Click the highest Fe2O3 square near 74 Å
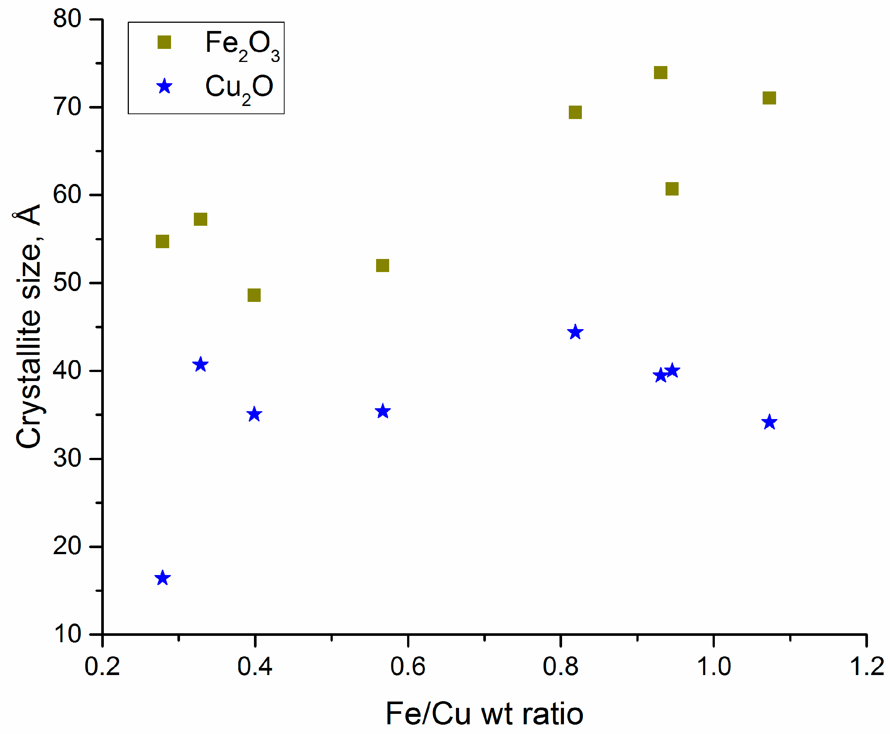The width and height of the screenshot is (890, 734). [660, 73]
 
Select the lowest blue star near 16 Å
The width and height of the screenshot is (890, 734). [162, 578]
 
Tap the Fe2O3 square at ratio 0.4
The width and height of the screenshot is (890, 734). [254, 295]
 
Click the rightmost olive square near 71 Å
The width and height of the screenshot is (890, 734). [769, 98]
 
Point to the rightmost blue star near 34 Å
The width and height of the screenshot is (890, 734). [769, 422]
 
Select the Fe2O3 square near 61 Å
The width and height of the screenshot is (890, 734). [672, 189]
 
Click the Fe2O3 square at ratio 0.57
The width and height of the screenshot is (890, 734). [382, 266]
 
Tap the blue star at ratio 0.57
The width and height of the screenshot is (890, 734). [382, 411]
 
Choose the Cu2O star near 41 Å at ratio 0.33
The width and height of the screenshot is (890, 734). [200, 365]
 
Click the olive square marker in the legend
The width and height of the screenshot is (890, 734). [164, 42]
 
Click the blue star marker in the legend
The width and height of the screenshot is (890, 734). [164, 87]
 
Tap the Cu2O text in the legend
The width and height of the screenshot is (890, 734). [239, 88]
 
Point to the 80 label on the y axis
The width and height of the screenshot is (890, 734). [67, 19]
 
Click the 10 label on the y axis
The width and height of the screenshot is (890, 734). [67, 634]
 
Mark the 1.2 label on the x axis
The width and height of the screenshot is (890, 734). [866, 667]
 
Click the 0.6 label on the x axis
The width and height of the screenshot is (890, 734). [407, 667]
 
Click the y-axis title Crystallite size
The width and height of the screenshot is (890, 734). [29, 325]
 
